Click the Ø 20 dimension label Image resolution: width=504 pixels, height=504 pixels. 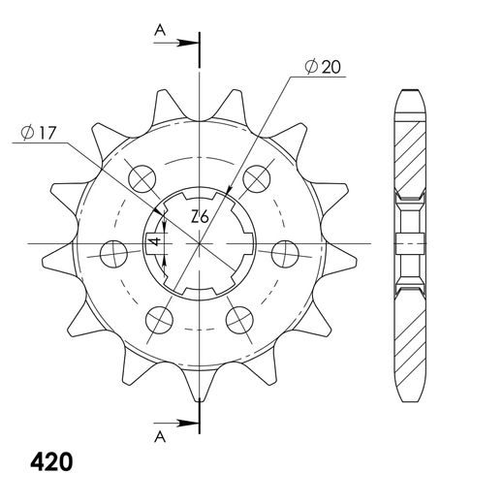coord(323,67)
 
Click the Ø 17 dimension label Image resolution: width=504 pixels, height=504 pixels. coord(39,133)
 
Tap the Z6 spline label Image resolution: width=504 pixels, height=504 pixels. coord(200,216)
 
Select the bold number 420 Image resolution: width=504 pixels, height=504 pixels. coord(51,462)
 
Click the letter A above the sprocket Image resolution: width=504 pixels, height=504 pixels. coord(160,31)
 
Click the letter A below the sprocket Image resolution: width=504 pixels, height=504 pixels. coord(160,437)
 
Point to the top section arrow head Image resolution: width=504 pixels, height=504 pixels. coord(188,43)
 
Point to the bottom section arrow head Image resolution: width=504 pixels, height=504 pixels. coord(188,423)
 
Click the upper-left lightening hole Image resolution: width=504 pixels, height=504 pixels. coord(142,178)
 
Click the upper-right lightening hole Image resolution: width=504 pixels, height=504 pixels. coord(257,178)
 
